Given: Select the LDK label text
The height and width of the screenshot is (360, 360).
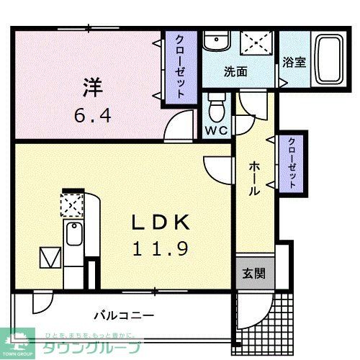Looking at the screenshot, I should coord(161,222).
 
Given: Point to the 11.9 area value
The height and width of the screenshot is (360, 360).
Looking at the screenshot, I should coord(161,249).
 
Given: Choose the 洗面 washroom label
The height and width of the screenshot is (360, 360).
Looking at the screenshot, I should coord(235,71).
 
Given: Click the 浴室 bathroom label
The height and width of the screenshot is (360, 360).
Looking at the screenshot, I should coord(294,62).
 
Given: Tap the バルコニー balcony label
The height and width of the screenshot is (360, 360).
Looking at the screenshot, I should coord(124,315).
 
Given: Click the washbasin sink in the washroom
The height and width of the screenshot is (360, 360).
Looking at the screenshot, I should coord(215,43).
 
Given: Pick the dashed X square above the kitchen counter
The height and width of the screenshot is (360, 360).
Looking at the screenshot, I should coord(72,206).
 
